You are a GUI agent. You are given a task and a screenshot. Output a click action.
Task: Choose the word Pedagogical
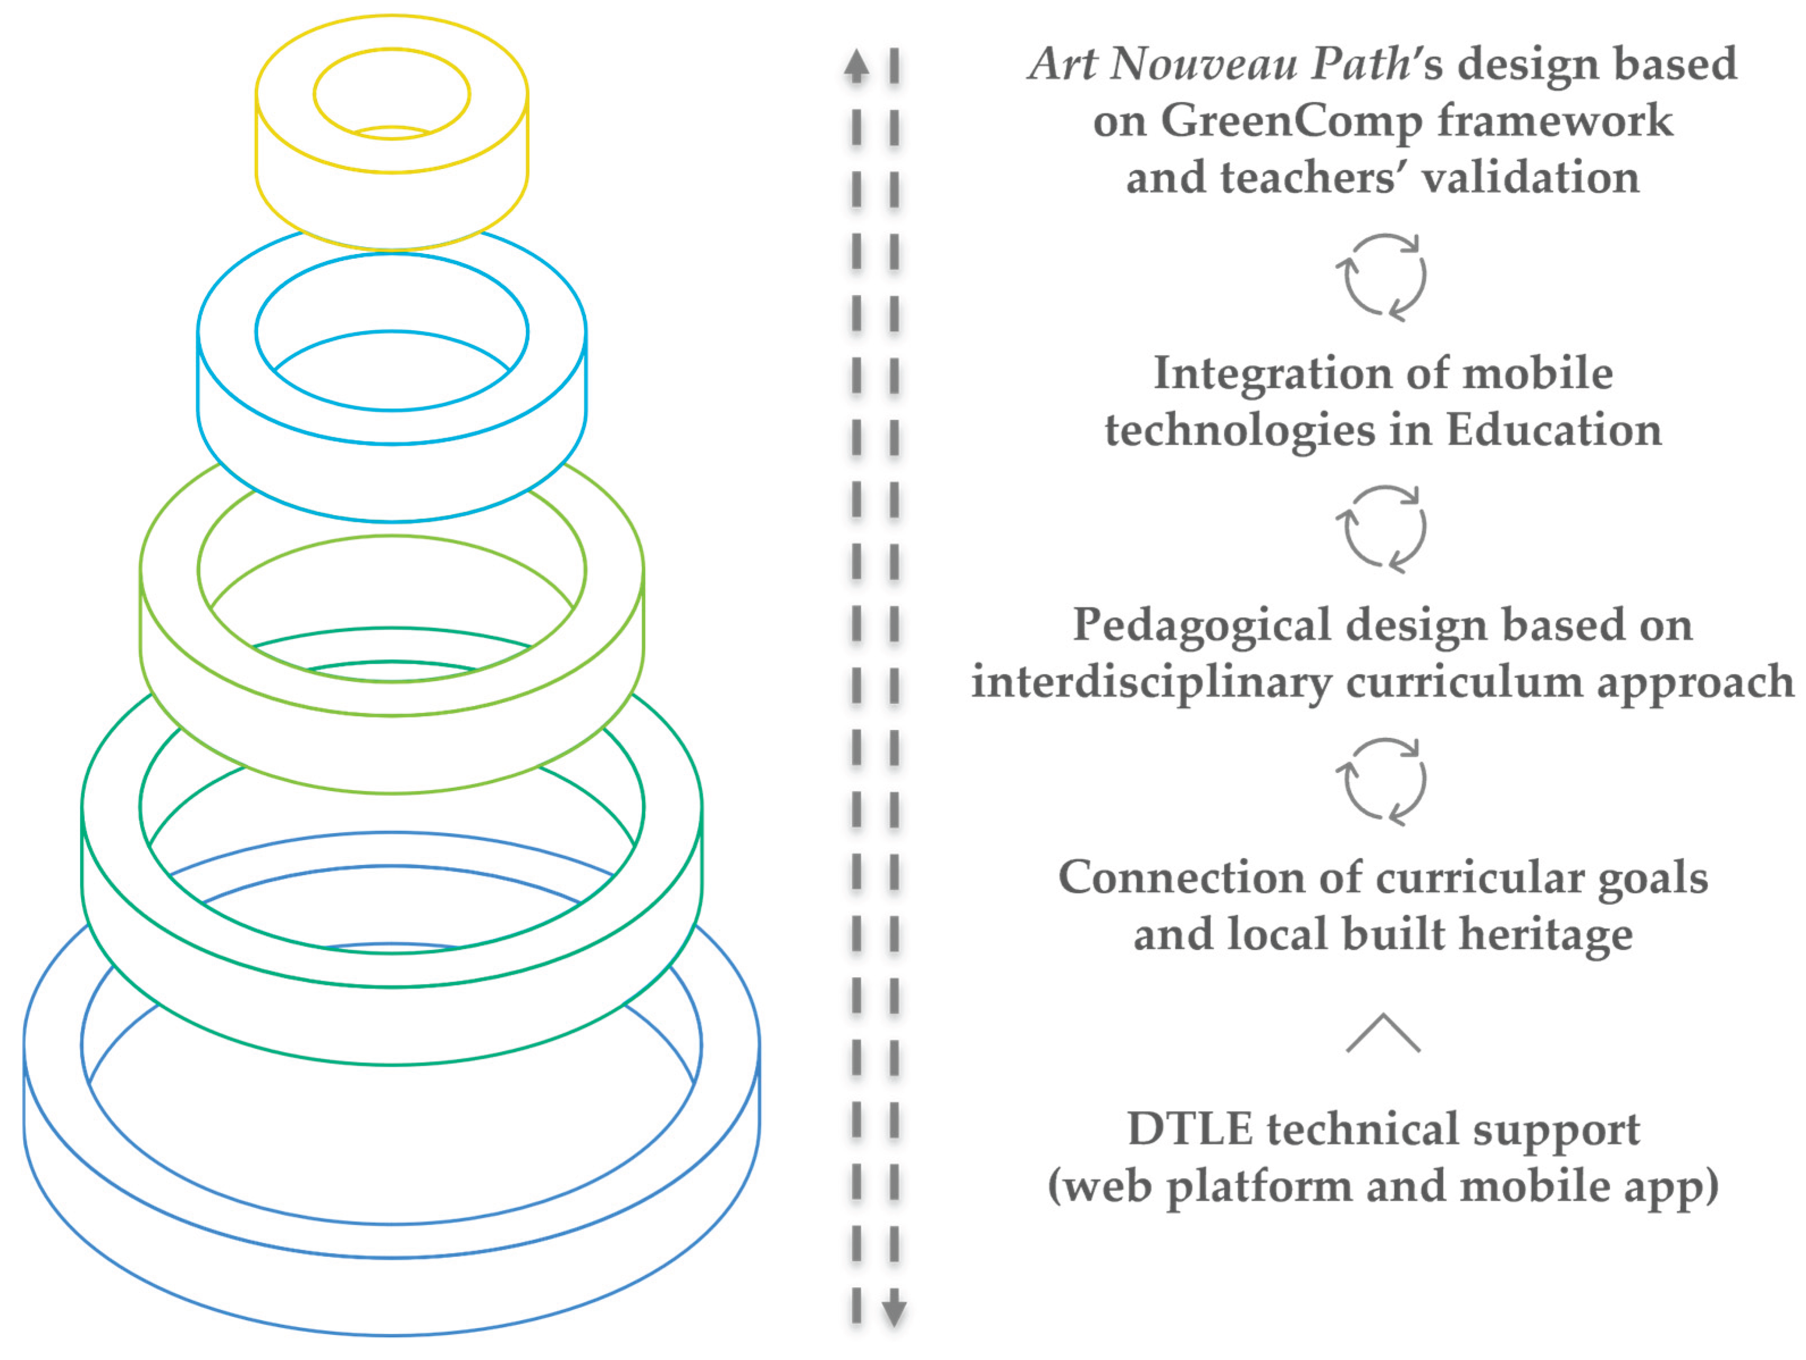click(x=1202, y=626)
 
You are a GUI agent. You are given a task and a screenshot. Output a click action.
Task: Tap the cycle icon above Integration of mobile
click(x=1382, y=277)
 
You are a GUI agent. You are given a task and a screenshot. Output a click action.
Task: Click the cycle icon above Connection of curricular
click(x=1382, y=781)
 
